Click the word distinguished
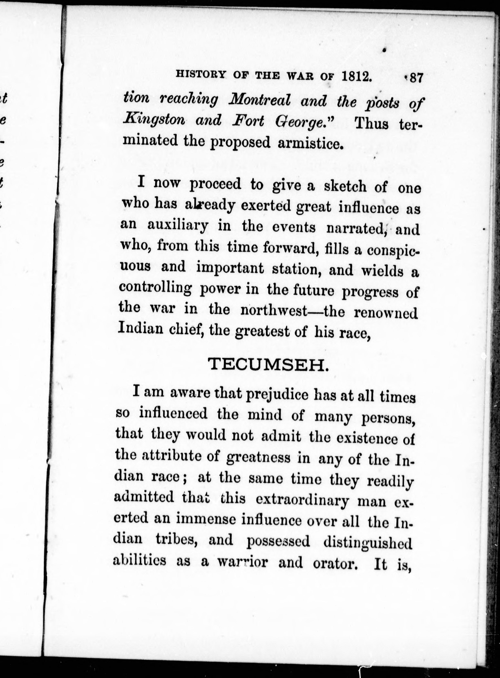coord(368,541)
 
